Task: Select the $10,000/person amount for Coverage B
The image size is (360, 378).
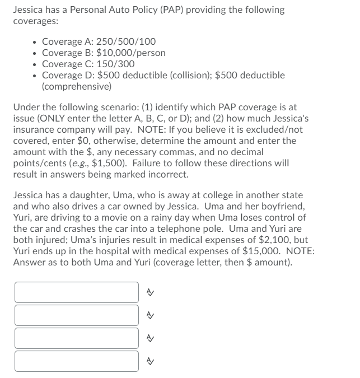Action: click(x=131, y=53)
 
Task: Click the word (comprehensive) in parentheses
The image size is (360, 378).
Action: click(x=77, y=86)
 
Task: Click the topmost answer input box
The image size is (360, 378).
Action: click(x=77, y=292)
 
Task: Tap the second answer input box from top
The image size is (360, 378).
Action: click(x=77, y=315)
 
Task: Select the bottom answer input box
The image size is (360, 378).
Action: click(x=77, y=361)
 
